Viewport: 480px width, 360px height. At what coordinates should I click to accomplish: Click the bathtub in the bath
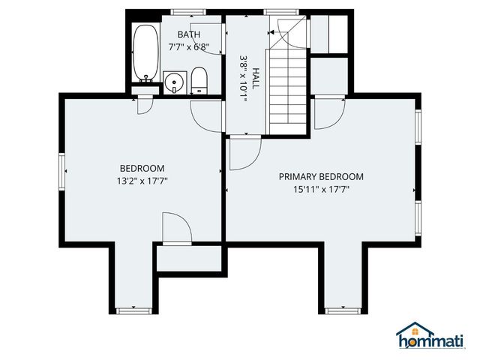[x=146, y=53]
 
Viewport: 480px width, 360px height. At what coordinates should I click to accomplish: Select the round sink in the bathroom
[x=175, y=82]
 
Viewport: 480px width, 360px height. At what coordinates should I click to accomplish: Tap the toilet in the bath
[x=199, y=81]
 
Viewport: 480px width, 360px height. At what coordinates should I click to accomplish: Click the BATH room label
[x=189, y=34]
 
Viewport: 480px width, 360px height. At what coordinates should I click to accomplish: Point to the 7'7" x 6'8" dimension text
[x=189, y=47]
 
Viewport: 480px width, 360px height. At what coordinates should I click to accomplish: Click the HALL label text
[x=255, y=78]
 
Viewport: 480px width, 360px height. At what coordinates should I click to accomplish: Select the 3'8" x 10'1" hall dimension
[x=243, y=78]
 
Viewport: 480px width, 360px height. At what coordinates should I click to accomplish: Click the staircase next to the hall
[x=288, y=91]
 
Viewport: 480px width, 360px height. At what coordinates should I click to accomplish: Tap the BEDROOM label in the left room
[x=142, y=168]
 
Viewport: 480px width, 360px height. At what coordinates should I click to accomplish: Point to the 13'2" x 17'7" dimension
[x=142, y=181]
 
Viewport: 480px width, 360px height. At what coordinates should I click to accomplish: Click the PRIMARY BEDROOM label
[x=321, y=177]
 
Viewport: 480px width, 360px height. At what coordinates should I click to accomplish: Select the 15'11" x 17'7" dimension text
[x=321, y=190]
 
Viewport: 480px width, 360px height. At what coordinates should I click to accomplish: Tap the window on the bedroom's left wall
[x=62, y=172]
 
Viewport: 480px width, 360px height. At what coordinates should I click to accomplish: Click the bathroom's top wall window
[x=188, y=12]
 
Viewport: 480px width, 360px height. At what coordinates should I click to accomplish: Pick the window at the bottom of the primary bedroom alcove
[x=343, y=311]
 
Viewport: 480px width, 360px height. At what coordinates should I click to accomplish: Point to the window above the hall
[x=281, y=12]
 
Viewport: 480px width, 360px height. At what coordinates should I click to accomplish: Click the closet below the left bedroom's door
[x=189, y=258]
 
